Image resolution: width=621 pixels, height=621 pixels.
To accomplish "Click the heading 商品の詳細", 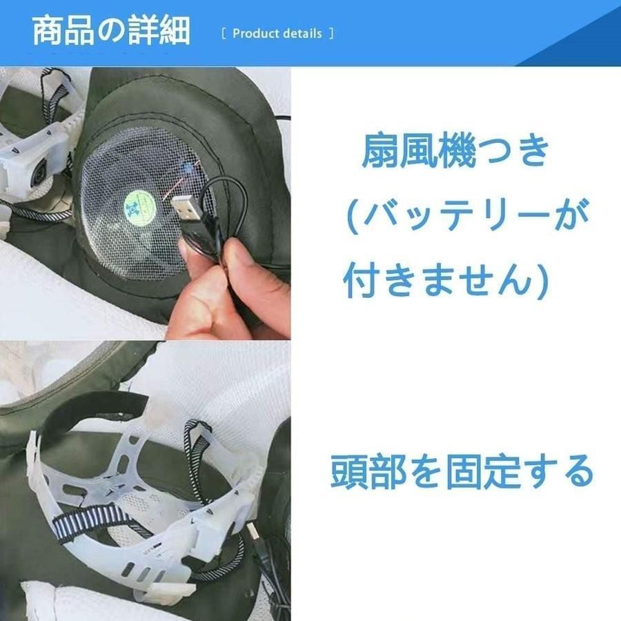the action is click(111, 31).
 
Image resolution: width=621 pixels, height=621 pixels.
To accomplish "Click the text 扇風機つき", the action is click(455, 151).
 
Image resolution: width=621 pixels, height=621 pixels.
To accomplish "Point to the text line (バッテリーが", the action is click(467, 216).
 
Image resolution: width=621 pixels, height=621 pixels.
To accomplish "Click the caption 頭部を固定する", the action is click(462, 472).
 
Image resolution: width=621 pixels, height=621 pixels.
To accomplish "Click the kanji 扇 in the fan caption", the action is click(379, 151).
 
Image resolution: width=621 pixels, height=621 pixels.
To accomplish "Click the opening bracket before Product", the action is click(224, 34).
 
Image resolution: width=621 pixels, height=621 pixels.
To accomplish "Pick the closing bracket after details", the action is click(331, 34).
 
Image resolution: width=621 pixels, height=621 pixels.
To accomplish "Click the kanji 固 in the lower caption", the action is click(462, 472).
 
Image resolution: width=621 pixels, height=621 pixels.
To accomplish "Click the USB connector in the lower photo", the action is click(253, 533).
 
